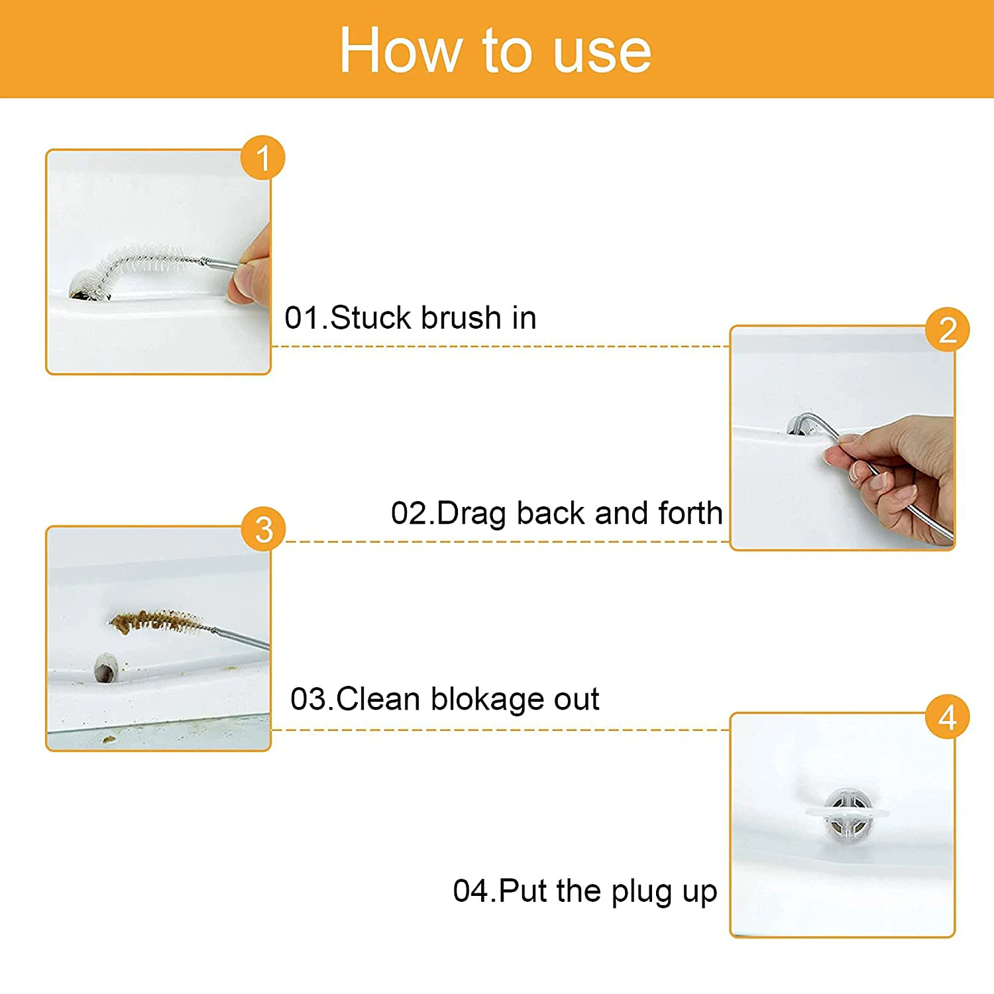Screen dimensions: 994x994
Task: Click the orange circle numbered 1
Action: (263, 158)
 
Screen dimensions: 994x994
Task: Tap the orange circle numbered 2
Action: (948, 330)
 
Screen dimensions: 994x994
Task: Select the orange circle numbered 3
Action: (264, 529)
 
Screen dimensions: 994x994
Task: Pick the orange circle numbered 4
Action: (948, 717)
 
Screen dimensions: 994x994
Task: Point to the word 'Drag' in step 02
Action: (471, 514)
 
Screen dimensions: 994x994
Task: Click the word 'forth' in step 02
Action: (690, 513)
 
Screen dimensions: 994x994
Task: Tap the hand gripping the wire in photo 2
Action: (891, 474)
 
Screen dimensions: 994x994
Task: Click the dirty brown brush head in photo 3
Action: (156, 622)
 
